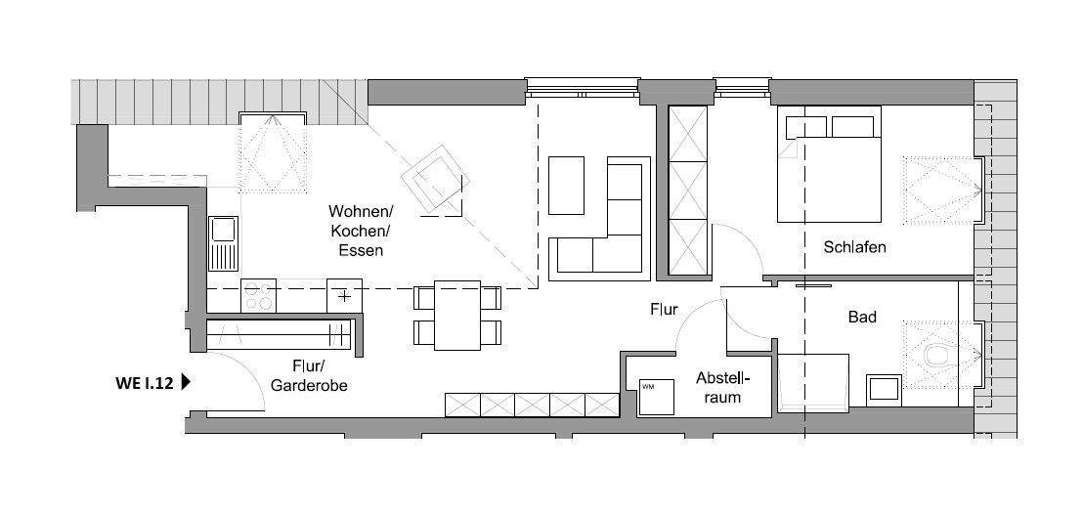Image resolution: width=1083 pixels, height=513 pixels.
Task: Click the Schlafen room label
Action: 853,247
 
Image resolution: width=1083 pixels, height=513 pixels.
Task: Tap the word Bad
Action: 862,317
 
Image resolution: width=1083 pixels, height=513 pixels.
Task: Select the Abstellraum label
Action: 723,387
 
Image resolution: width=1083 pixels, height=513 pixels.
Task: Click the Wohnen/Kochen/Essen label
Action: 360,231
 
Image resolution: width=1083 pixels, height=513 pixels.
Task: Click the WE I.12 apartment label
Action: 144,384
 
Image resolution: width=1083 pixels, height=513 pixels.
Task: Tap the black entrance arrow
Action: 186,384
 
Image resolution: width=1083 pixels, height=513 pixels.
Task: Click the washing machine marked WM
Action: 655,397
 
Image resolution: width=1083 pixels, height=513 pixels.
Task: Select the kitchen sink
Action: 224,242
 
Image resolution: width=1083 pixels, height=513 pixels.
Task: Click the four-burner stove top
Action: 258,296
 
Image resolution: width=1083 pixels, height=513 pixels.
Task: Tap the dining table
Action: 456,315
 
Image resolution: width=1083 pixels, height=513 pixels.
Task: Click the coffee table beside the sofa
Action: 566,185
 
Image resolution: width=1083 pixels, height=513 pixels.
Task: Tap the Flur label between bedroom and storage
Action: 664,310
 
